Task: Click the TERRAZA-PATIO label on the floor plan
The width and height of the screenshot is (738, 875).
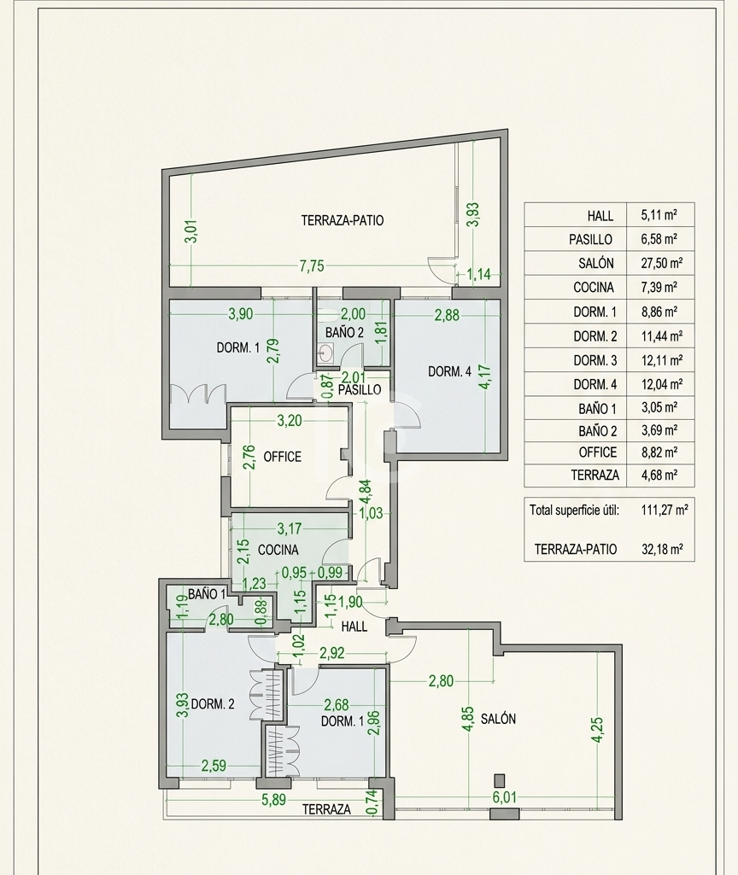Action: [343, 220]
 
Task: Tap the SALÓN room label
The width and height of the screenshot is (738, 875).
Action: [498, 719]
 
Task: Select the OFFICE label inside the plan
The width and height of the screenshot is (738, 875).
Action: [282, 457]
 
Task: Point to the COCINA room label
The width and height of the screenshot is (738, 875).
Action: [278, 550]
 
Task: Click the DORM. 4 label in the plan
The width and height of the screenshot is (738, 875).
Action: [449, 371]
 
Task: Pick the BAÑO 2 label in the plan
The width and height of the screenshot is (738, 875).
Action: [344, 333]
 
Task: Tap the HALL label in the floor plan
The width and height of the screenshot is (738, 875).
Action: [354, 626]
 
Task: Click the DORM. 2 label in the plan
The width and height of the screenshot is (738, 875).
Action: [212, 704]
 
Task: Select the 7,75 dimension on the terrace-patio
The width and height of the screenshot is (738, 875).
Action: [312, 266]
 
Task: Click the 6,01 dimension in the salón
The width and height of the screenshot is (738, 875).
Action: [504, 797]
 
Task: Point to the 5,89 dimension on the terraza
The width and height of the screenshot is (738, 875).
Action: [273, 800]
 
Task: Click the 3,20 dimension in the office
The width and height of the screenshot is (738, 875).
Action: [290, 421]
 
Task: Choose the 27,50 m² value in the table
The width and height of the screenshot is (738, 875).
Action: [661, 263]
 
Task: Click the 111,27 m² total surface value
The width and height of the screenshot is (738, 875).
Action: [665, 510]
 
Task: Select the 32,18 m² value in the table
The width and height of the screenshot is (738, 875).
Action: [662, 549]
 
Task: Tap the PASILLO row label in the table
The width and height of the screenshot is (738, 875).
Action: [590, 239]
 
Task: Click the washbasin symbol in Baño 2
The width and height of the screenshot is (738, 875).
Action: [325, 353]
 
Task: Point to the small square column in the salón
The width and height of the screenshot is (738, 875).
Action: [499, 780]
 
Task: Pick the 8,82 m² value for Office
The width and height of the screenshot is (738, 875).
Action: [659, 452]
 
